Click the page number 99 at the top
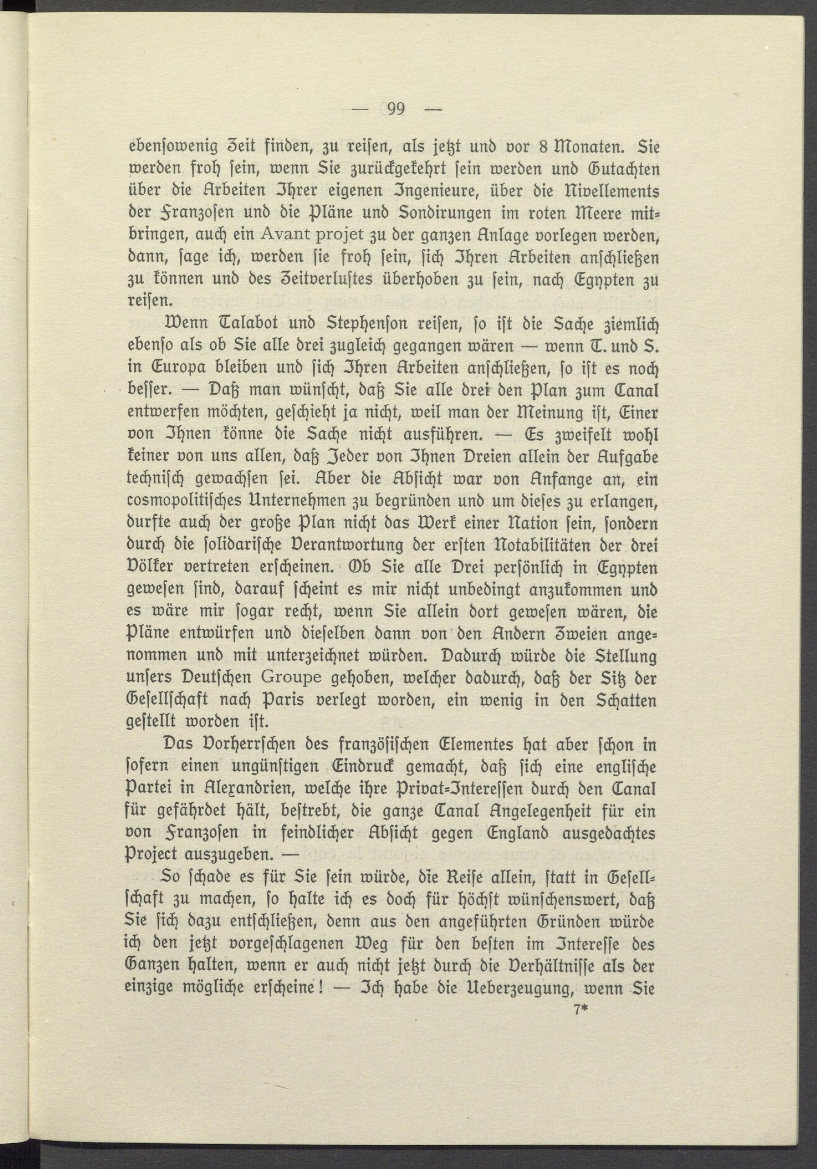(x=395, y=110)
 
